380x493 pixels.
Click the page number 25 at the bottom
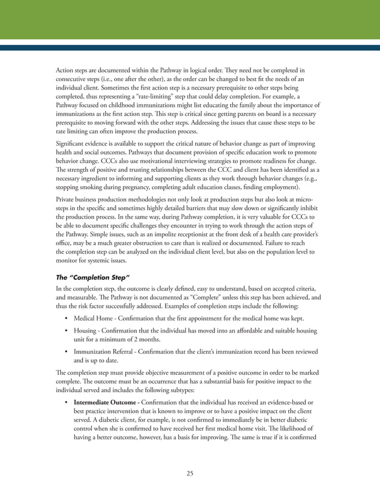[x=189, y=473]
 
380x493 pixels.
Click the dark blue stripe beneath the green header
[x=189, y=46]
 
